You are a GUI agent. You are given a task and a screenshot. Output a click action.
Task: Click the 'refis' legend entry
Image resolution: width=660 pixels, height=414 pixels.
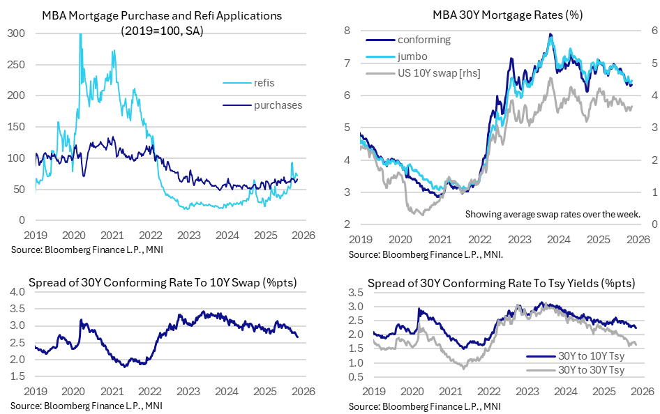click(x=260, y=83)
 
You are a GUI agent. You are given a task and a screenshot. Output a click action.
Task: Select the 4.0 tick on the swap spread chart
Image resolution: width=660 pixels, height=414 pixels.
click(x=17, y=291)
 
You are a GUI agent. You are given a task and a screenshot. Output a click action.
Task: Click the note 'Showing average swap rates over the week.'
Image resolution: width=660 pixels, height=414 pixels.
click(x=553, y=214)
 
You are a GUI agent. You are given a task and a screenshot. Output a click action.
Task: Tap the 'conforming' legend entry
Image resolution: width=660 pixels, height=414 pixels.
click(x=423, y=40)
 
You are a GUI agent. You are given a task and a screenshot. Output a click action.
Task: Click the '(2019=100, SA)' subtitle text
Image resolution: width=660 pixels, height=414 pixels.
click(x=161, y=31)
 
